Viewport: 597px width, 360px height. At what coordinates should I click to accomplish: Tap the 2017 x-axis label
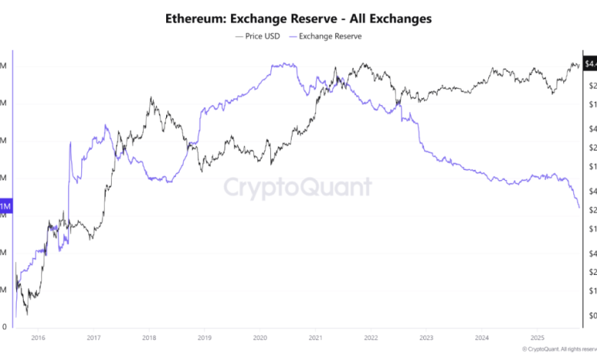[93, 337]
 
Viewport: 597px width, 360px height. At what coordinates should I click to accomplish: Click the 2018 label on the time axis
[149, 337]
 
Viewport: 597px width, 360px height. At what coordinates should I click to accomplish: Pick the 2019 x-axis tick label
[204, 337]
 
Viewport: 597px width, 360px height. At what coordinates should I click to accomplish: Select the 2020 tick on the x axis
[260, 337]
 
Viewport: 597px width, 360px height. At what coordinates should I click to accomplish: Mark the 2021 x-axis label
[315, 337]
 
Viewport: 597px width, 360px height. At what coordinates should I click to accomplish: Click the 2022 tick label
[370, 337]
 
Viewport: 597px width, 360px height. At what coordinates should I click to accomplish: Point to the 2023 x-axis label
[426, 337]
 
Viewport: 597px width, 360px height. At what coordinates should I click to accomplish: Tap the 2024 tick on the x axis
[481, 337]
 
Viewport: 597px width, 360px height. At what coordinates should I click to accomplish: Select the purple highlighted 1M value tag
[5, 207]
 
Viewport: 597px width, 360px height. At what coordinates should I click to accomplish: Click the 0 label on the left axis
[5, 326]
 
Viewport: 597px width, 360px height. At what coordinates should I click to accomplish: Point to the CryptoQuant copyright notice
[556, 349]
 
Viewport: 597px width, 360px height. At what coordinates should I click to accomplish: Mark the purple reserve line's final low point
[578, 207]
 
